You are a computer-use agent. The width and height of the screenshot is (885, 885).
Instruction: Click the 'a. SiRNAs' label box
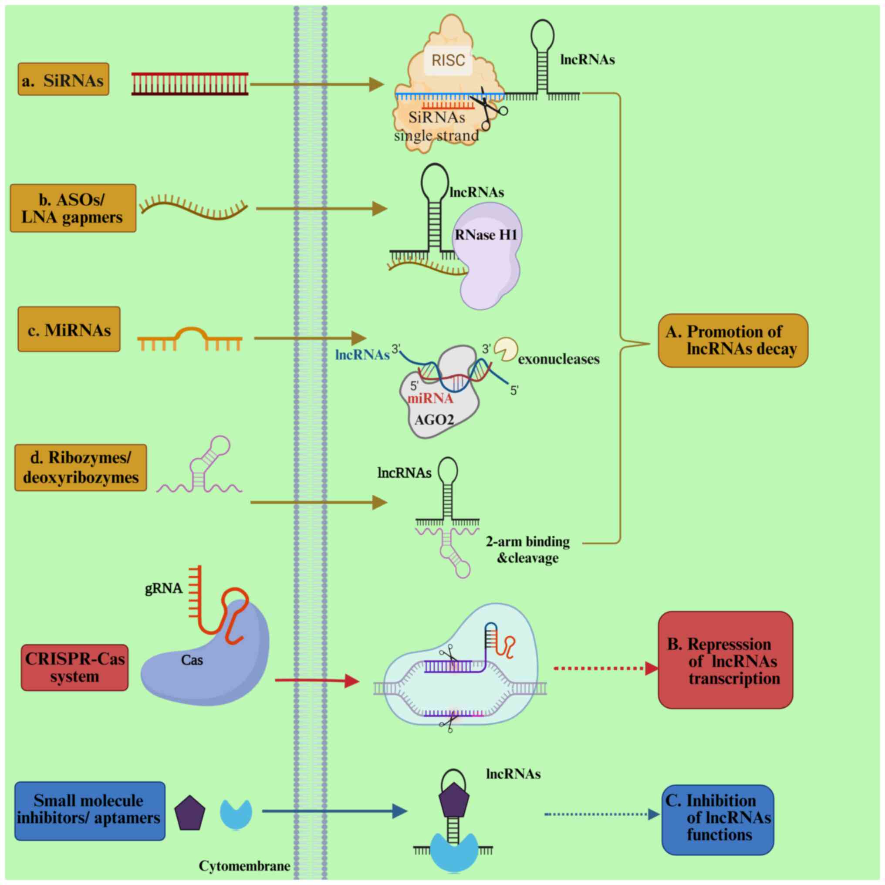[x=63, y=79]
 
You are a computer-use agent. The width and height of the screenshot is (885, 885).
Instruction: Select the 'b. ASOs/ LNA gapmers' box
[x=73, y=209]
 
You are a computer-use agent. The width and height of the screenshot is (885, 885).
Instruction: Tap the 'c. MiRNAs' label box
[x=69, y=329]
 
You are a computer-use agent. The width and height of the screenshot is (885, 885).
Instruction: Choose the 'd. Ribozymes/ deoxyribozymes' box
[x=81, y=468]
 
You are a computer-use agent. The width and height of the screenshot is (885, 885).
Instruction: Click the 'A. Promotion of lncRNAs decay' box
[x=733, y=340]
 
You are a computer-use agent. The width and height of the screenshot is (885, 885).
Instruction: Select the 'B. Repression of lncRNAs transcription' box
[x=725, y=660]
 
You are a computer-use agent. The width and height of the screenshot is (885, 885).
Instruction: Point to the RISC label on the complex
[x=448, y=61]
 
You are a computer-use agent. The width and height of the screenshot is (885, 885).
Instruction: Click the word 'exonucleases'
[x=558, y=360]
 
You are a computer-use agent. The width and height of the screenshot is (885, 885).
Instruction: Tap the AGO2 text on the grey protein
[x=434, y=419]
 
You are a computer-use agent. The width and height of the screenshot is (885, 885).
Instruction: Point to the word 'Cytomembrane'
[x=244, y=866]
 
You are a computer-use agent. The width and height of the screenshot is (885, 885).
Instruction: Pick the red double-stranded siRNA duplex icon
[x=190, y=84]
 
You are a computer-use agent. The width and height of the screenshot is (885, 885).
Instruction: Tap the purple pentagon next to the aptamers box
[x=190, y=814]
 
